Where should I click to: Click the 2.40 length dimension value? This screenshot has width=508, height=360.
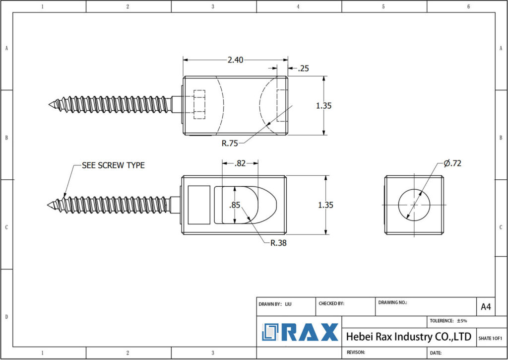click(x=235, y=60)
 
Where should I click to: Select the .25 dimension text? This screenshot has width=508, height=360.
click(x=303, y=69)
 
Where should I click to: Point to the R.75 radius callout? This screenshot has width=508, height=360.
click(x=230, y=144)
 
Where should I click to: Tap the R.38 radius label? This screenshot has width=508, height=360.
click(x=278, y=243)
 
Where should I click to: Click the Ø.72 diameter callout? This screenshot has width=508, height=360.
click(x=452, y=163)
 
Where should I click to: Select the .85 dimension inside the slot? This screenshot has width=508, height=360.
click(x=235, y=205)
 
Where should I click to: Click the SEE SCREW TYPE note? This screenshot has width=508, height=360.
click(x=113, y=165)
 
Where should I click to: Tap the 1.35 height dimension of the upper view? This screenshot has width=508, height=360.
click(x=323, y=105)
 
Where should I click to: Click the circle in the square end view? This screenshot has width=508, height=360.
click(x=414, y=205)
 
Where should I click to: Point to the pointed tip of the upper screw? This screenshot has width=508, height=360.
click(x=50, y=104)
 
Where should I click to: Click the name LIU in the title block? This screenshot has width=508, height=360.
click(x=288, y=303)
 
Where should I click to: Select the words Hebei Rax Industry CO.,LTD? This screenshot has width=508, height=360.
click(x=408, y=337)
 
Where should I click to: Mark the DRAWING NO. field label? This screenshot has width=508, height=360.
click(x=392, y=302)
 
